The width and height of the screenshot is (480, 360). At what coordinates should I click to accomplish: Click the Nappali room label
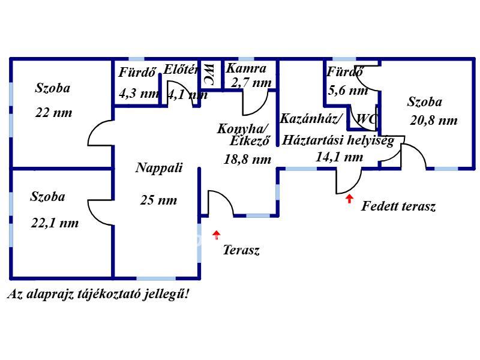[x=158, y=168]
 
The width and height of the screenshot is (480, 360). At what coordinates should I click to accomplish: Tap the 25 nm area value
[x=158, y=200]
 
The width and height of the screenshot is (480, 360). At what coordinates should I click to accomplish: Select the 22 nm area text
[x=53, y=113]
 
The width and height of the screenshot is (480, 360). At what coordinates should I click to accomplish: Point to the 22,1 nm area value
[x=55, y=223]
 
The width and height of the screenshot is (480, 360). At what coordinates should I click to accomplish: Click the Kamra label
[x=246, y=68]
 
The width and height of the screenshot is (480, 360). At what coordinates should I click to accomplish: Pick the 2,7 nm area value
[x=251, y=83]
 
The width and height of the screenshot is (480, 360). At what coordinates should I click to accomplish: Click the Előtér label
[x=181, y=69]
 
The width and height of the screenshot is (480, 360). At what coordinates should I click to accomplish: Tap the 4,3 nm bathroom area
[x=139, y=94]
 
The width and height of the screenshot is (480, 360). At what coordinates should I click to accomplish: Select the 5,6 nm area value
[x=347, y=91]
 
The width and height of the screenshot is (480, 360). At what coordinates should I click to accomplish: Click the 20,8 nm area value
[x=434, y=121]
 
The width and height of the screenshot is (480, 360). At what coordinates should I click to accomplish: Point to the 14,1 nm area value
[x=339, y=157]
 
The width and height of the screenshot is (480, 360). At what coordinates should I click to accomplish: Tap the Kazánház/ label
[x=311, y=118]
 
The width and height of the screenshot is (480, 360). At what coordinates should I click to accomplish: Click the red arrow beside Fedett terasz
[x=349, y=199]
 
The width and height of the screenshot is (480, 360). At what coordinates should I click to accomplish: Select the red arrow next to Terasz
[x=217, y=235]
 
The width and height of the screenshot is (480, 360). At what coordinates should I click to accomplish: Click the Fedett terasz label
[x=398, y=207]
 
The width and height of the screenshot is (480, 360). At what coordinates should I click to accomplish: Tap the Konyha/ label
[x=243, y=128]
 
